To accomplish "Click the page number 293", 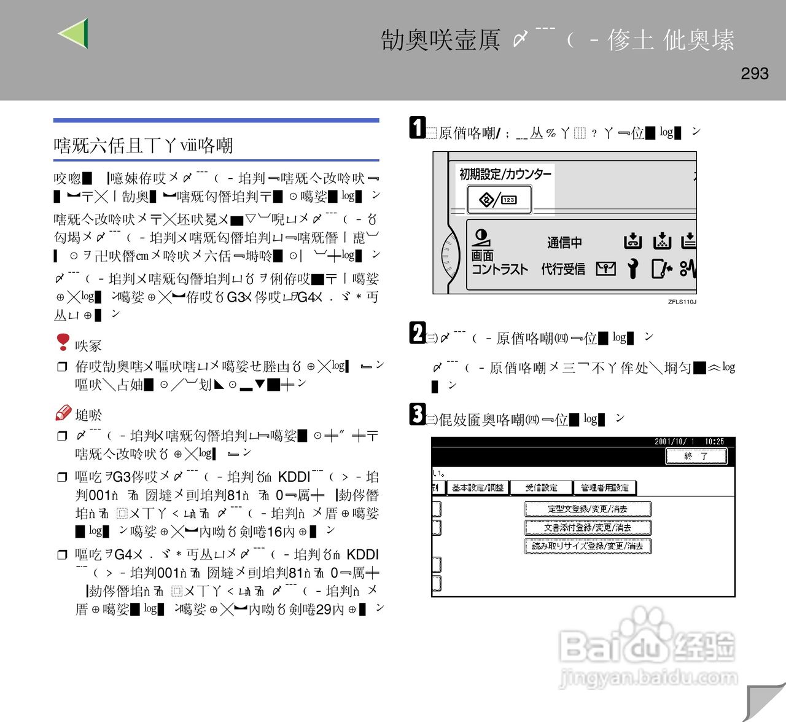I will click(x=754, y=74).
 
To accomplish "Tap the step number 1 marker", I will click(x=418, y=128).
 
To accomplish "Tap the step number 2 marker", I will click(x=418, y=333).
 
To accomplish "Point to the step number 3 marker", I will click(x=418, y=414).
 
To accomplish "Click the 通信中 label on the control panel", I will click(x=564, y=243).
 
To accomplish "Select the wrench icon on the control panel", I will click(x=632, y=269).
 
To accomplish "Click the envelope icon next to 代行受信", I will click(x=605, y=269).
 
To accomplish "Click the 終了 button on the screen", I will click(x=696, y=456).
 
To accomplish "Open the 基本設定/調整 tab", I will click(x=478, y=488).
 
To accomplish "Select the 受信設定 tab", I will click(x=541, y=488).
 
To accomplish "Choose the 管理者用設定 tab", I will click(x=604, y=488).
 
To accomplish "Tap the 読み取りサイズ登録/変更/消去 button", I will click(x=587, y=546).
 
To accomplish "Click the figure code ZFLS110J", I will click(x=682, y=302).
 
